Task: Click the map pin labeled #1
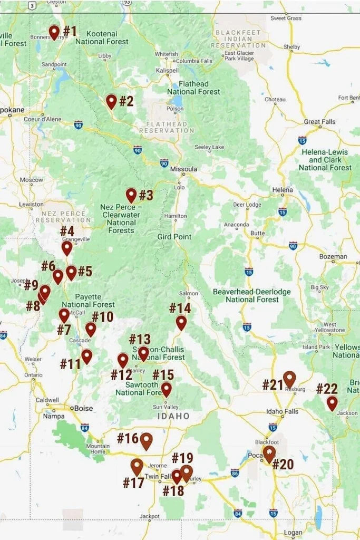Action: (54, 32)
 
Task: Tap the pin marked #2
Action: (111, 101)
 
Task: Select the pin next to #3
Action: (131, 195)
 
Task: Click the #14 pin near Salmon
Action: (181, 322)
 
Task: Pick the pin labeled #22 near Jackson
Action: (332, 403)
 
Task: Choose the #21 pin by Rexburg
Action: (289, 379)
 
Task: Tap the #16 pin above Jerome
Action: (146, 441)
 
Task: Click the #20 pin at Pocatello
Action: (269, 454)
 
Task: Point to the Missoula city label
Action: (183, 169)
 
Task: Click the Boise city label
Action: (83, 408)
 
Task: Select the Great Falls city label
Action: (319, 122)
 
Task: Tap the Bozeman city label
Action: (333, 257)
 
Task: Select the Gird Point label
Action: (174, 237)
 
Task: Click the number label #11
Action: (70, 364)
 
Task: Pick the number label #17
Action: (133, 483)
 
